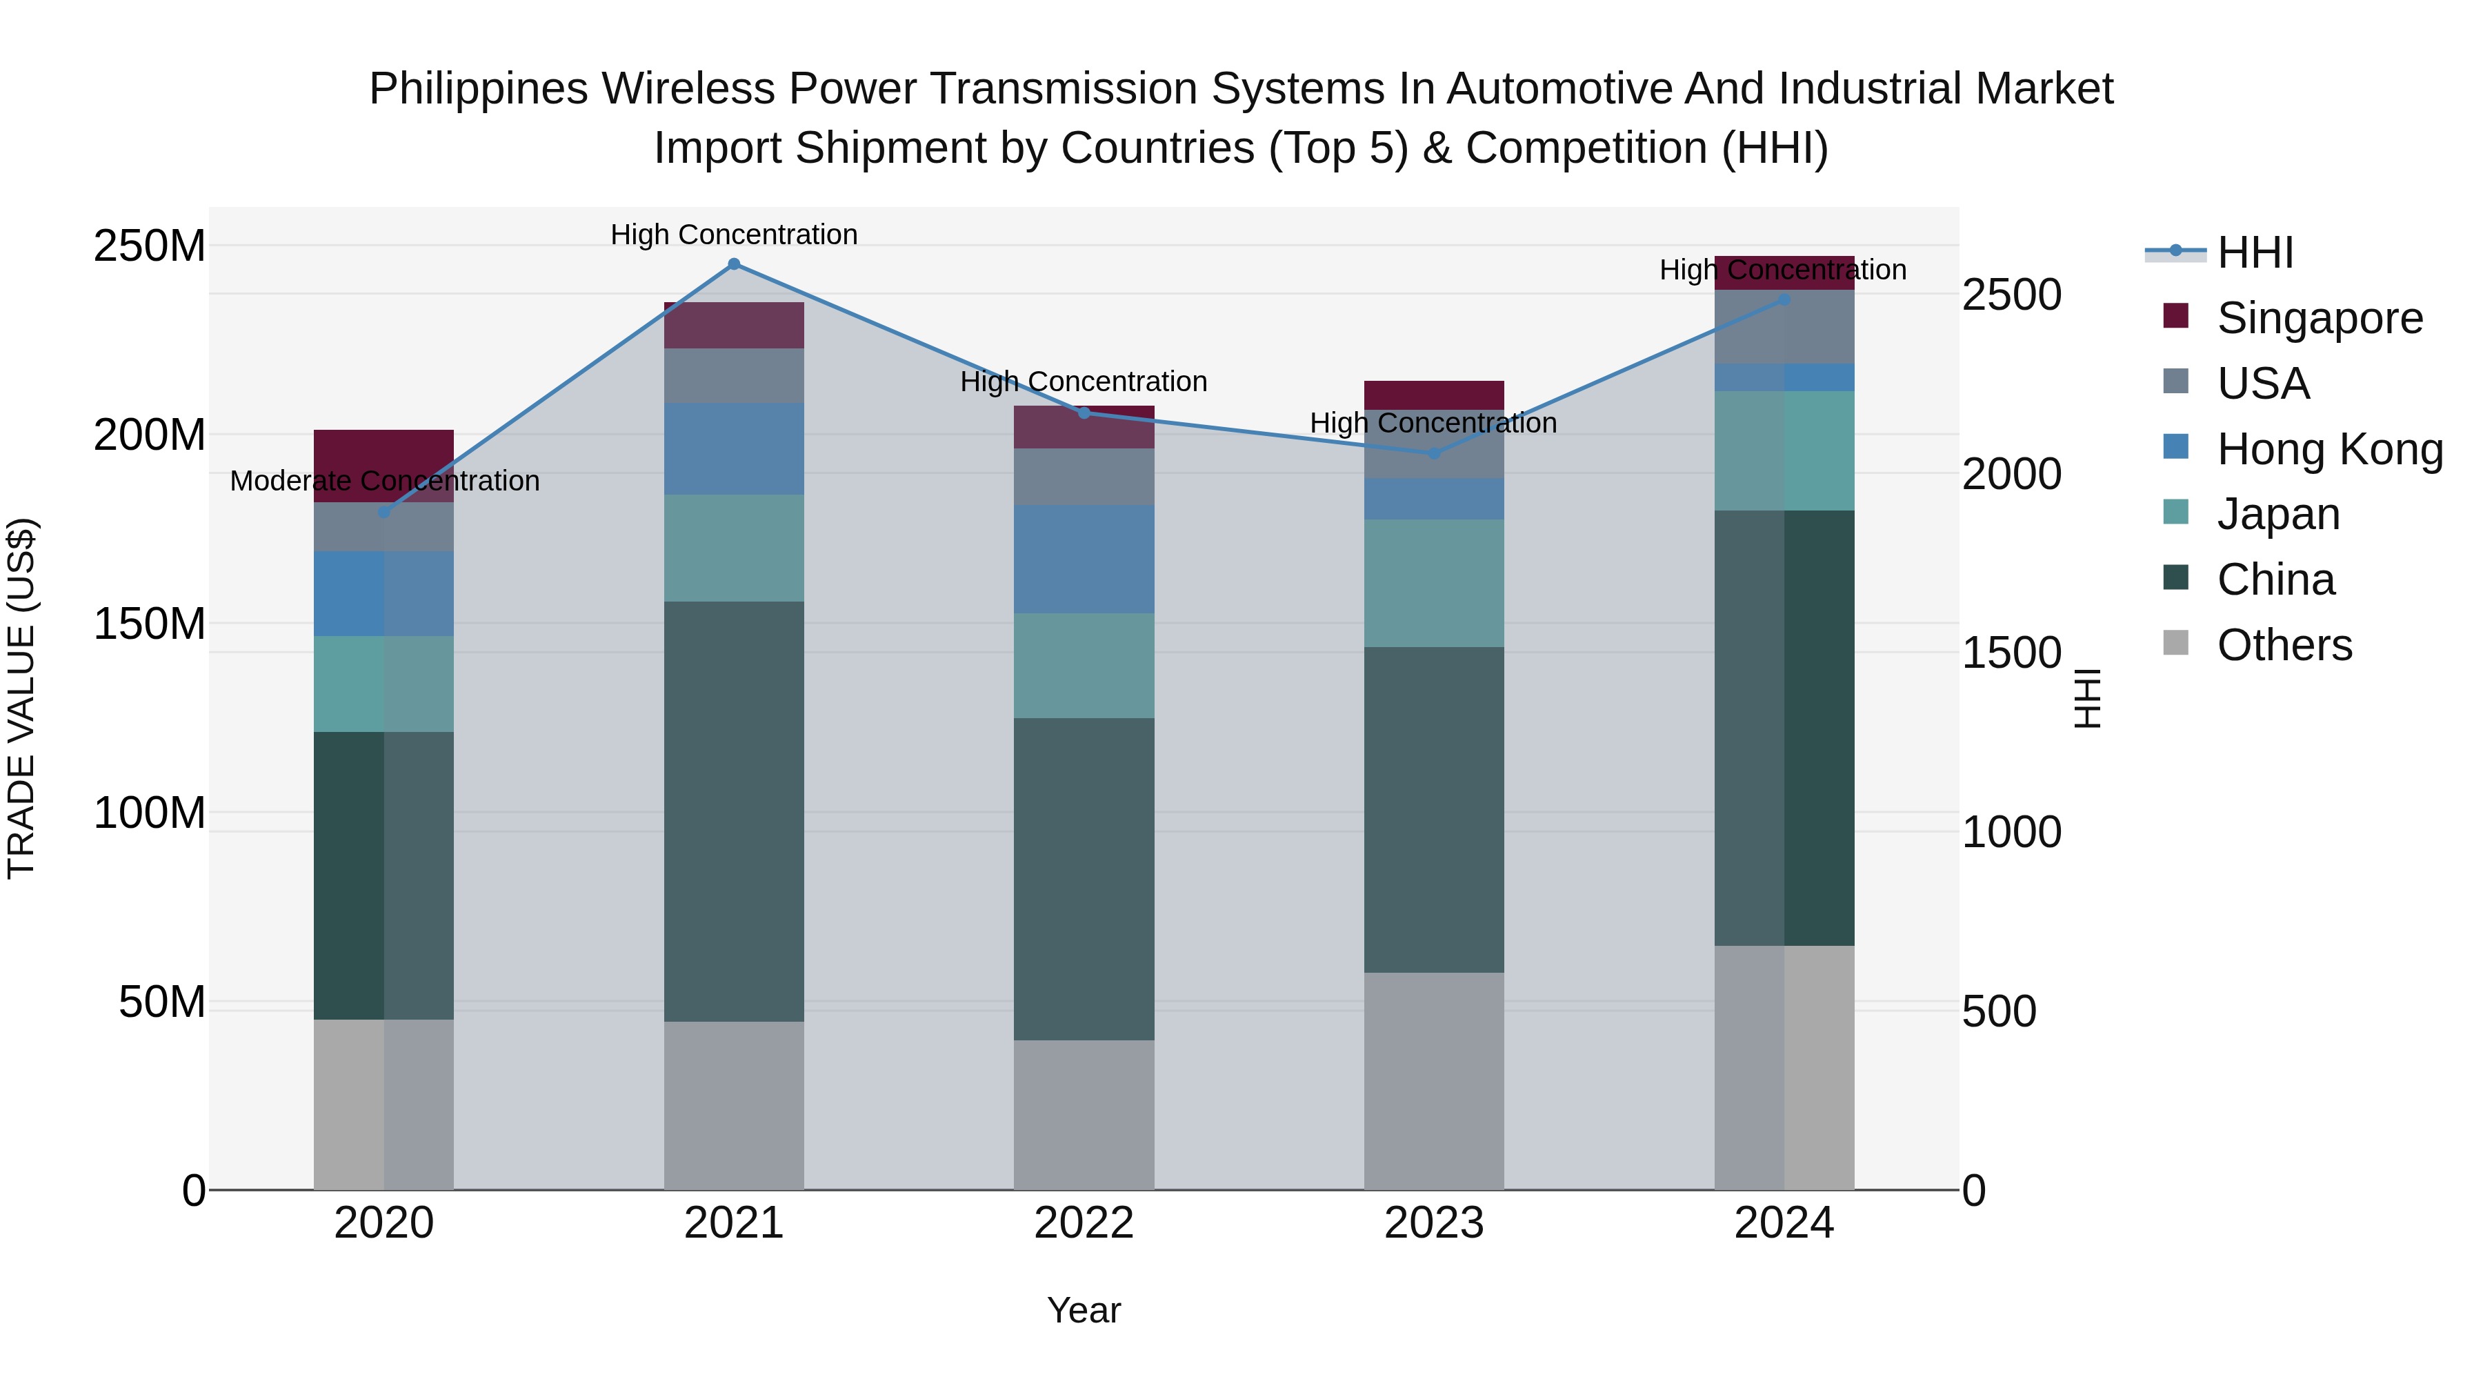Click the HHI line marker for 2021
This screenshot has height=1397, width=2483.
click(734, 264)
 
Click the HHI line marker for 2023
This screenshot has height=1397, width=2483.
click(1433, 453)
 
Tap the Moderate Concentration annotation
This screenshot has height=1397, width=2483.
click(385, 480)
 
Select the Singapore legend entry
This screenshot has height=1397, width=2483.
click(2319, 318)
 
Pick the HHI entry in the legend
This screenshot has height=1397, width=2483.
click(2255, 252)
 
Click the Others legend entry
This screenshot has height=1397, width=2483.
click(2284, 645)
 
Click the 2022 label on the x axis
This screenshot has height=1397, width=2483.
click(1084, 1223)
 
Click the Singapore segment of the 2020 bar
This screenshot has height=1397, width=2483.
click(383, 466)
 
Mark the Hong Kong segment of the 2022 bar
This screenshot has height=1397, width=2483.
click(1084, 559)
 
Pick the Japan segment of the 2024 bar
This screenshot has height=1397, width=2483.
click(1784, 450)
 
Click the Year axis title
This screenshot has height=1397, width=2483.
click(1084, 1310)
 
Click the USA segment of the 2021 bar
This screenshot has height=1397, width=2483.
click(734, 375)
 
